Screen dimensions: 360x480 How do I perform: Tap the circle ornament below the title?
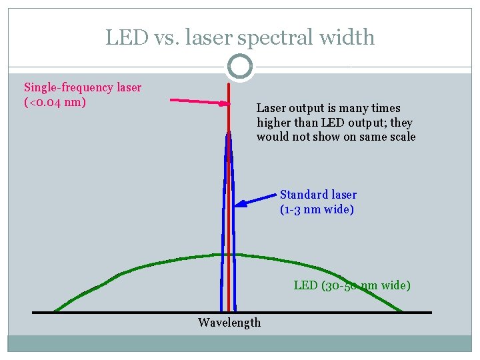240,67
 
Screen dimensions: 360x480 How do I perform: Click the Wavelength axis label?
229,323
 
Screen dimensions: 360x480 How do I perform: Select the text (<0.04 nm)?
55,102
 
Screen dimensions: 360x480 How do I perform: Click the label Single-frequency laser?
83,87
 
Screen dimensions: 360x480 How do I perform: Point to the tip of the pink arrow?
227,103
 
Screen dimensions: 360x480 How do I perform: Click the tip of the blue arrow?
238,205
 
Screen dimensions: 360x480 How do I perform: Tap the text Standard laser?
318,195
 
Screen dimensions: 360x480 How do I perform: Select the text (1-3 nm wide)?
317,209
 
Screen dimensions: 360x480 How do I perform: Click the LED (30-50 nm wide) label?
352,285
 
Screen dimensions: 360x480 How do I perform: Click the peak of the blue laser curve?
229,132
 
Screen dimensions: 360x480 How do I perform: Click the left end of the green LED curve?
55,311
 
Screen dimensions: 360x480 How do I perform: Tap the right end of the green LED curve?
402,311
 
